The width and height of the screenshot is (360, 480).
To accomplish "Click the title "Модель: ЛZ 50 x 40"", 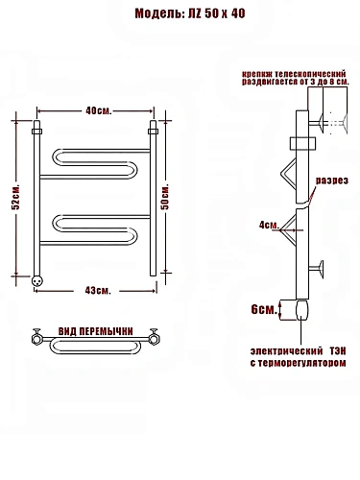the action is (x=190, y=13).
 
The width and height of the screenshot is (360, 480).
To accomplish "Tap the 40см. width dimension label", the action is (x=99, y=111).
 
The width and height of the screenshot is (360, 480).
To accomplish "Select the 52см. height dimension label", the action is (x=15, y=197).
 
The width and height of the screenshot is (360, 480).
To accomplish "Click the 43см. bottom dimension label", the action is (x=98, y=291).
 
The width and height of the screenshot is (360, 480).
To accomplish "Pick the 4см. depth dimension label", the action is (x=269, y=226).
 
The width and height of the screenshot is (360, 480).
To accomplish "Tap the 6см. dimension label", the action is (x=264, y=310).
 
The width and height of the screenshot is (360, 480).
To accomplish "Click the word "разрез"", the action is (x=332, y=180).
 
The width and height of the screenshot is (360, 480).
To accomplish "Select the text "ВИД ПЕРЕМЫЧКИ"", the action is (x=95, y=331).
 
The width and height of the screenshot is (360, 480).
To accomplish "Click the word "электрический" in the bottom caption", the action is (x=286, y=351).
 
